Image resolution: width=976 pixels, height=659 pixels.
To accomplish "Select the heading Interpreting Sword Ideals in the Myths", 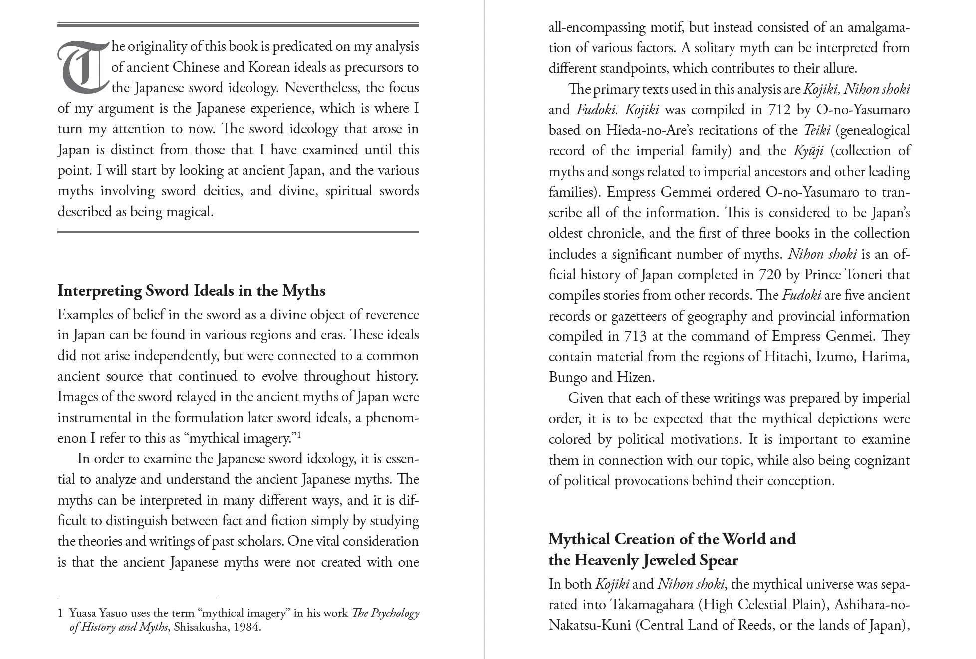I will [x=191, y=291].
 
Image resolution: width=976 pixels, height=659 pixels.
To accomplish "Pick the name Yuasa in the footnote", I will [x=83, y=613].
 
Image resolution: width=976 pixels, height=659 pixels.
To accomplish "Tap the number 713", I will [x=635, y=336].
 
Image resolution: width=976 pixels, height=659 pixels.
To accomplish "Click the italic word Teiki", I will [x=817, y=130].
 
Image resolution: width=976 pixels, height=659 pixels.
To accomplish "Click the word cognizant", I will [x=882, y=460].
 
